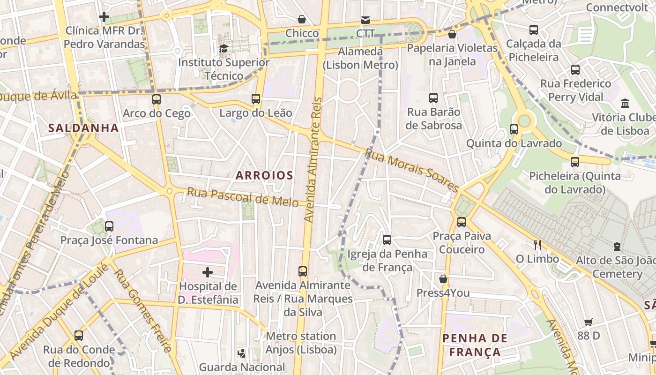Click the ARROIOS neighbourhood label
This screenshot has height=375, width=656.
pyautogui.click(x=264, y=176)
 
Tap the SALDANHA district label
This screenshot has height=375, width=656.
pyautogui.click(x=83, y=127)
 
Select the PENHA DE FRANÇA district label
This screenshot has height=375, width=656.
pyautogui.click(x=475, y=345)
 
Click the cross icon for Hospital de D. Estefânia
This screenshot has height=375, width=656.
pyautogui.click(x=207, y=272)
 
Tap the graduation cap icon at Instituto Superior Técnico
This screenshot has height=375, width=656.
pyautogui.click(x=224, y=48)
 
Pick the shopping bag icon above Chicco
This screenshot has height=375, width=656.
pyautogui.click(x=302, y=19)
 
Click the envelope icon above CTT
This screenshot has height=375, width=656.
pyautogui.click(x=365, y=20)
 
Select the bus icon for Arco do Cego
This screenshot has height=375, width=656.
pyautogui.click(x=157, y=99)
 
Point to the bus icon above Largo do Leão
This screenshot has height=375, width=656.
pyautogui.click(x=255, y=99)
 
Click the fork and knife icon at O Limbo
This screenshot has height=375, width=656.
pyautogui.click(x=537, y=245)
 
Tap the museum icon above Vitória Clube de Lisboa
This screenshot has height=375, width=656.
pyautogui.click(x=625, y=103)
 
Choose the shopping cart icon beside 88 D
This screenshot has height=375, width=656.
pyautogui.click(x=589, y=322)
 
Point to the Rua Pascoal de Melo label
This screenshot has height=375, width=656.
pyautogui.click(x=243, y=197)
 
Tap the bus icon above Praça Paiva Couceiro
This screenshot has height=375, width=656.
pyautogui.click(x=462, y=222)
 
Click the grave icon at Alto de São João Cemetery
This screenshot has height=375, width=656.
pyautogui.click(x=617, y=247)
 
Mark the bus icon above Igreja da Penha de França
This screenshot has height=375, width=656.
pyautogui.click(x=387, y=240)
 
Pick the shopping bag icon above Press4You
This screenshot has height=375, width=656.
pyautogui.click(x=443, y=279)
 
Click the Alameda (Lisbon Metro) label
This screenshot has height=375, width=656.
pyautogui.click(x=360, y=58)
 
